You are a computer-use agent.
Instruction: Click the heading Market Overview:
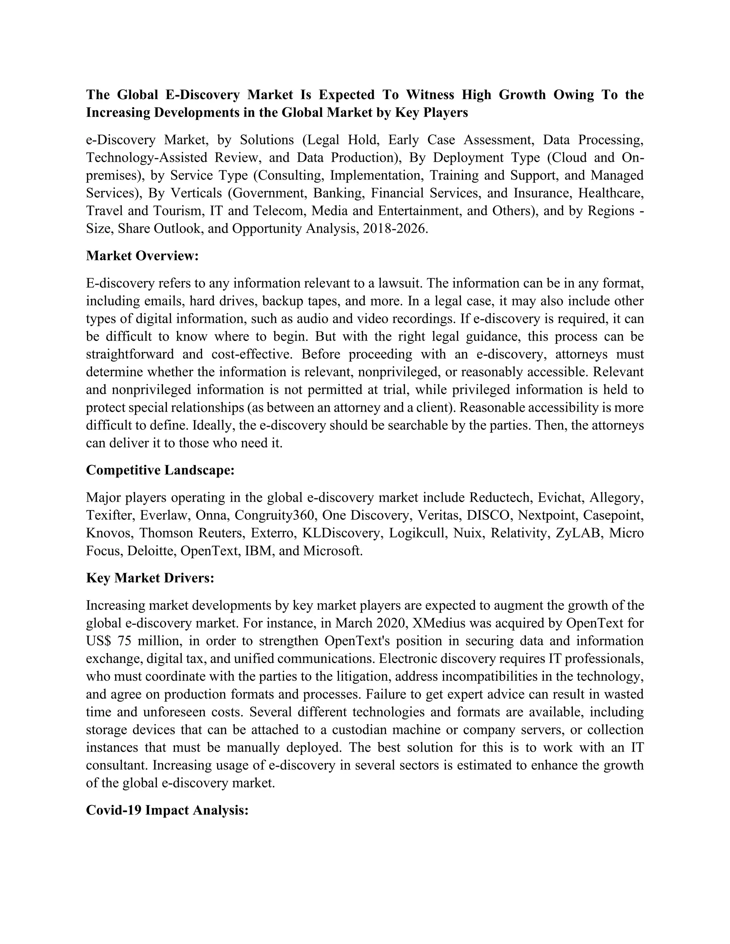click(x=142, y=256)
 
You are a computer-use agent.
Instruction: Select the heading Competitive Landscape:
click(x=160, y=470)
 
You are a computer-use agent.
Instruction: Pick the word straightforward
click(x=130, y=354)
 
